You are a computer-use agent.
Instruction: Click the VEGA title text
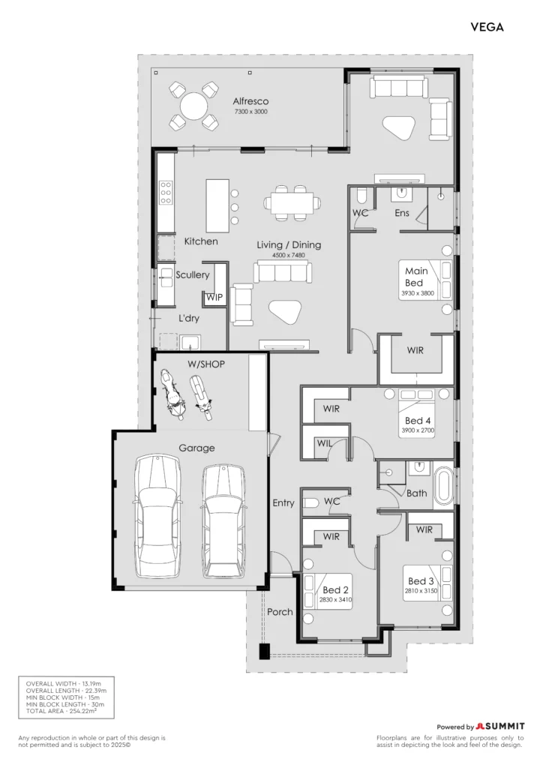pyautogui.click(x=487, y=27)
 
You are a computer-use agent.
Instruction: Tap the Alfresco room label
pyautogui.click(x=250, y=101)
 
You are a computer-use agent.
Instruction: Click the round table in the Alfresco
pyautogui.click(x=194, y=106)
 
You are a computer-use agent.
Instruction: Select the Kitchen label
pyautogui.click(x=201, y=241)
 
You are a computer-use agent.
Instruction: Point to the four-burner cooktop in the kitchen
pyautogui.click(x=166, y=193)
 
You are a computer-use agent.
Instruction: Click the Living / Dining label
pyautogui.click(x=289, y=245)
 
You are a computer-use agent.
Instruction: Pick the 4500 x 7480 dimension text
pyautogui.click(x=289, y=255)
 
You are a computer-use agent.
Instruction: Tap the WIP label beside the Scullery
pyautogui.click(x=214, y=297)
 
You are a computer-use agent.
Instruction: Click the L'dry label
pyautogui.click(x=188, y=318)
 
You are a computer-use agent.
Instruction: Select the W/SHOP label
pyautogui.click(x=206, y=364)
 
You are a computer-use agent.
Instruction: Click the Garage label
pyautogui.click(x=196, y=448)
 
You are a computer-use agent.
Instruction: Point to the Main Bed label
pyautogui.click(x=416, y=277)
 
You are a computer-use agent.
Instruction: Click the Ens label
pyautogui.click(x=402, y=213)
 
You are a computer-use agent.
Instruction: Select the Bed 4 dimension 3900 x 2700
pyautogui.click(x=418, y=430)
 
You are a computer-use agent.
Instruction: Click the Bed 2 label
pyautogui.click(x=335, y=590)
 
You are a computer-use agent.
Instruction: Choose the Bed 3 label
pyautogui.click(x=421, y=581)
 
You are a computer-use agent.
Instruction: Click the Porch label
pyautogui.click(x=280, y=612)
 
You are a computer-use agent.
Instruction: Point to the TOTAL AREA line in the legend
pyautogui.click(x=61, y=711)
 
